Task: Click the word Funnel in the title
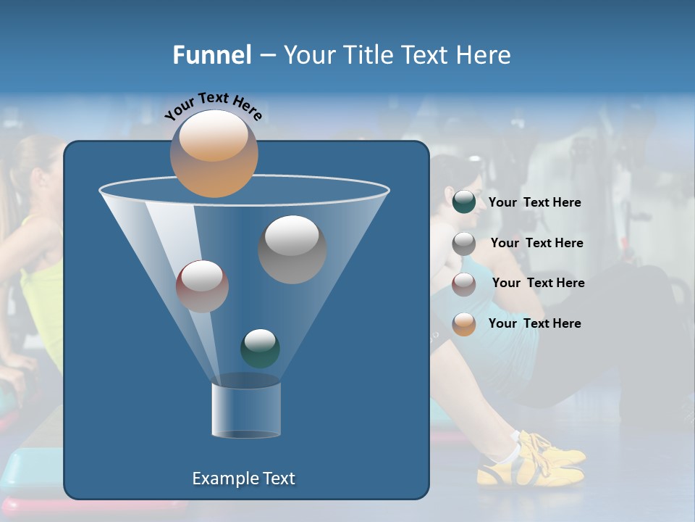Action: point(212,54)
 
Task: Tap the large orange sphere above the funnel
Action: point(214,153)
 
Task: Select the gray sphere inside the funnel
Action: point(292,249)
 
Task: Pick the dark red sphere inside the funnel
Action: point(202,286)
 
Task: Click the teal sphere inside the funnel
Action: point(260,348)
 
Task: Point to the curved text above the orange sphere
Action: point(214,106)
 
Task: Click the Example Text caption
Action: point(243,478)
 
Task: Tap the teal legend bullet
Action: point(464,202)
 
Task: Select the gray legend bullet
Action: point(464,244)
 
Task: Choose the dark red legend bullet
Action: point(464,284)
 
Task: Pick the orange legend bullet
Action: point(464,324)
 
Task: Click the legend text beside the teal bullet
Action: point(534,202)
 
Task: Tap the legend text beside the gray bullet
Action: point(536,243)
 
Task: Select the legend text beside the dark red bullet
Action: point(538,283)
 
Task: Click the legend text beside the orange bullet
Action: point(534,323)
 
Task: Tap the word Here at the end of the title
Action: point(486,54)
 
